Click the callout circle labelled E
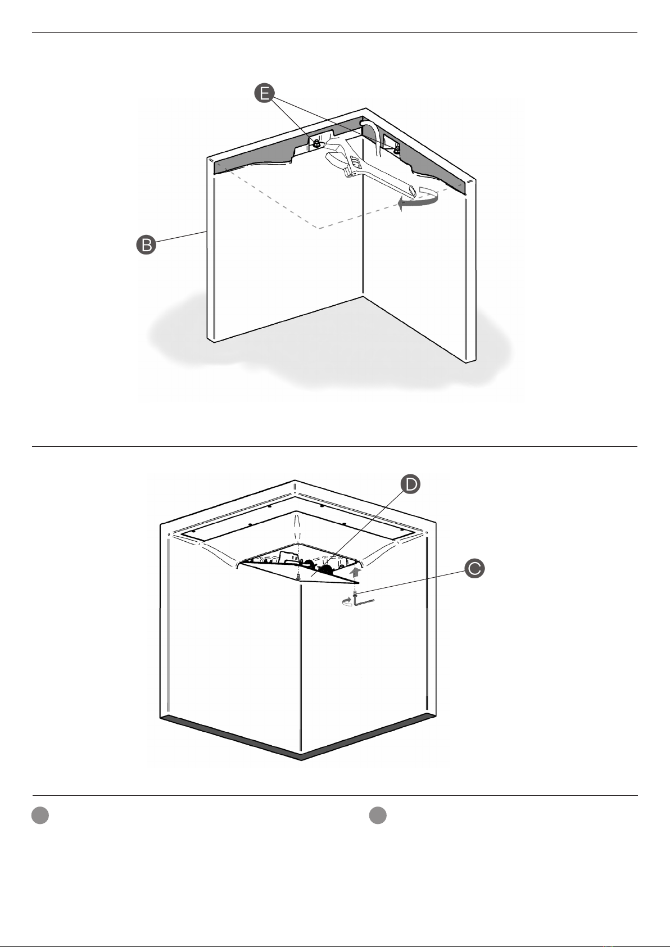265,93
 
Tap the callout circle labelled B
146,245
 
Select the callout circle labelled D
410,484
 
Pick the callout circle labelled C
474,568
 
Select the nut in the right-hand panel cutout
396,149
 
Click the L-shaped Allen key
364,600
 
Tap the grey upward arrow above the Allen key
356,573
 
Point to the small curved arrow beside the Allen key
347,602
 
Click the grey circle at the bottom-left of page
40,815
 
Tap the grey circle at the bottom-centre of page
378,815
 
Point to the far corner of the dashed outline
319,229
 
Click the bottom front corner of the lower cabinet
301,760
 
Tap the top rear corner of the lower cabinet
295,481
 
